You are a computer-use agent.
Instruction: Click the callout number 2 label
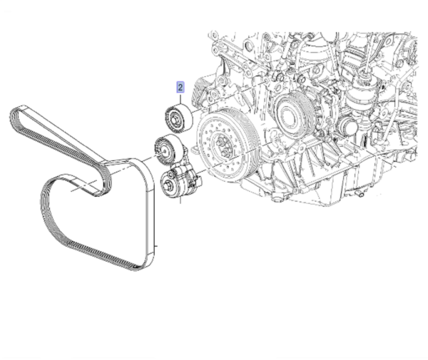pos(181,88)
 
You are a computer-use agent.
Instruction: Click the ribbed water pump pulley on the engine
pos(293,113)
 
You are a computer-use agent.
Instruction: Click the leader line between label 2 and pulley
pos(181,99)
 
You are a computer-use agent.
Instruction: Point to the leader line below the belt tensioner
pos(182,203)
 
